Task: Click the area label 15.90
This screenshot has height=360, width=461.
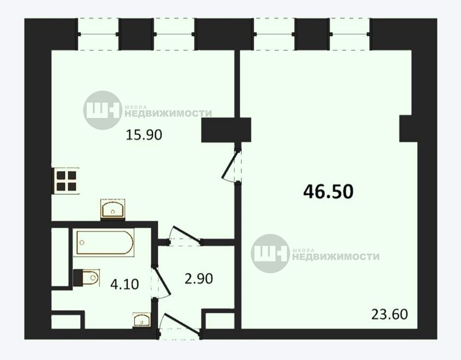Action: pyautogui.click(x=144, y=135)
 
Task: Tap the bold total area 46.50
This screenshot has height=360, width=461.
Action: pyautogui.click(x=328, y=191)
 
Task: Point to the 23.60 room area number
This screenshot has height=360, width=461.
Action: pyautogui.click(x=390, y=314)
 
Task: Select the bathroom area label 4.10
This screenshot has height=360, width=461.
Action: pyautogui.click(x=125, y=284)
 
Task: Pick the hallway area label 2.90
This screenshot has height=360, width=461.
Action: pyautogui.click(x=199, y=279)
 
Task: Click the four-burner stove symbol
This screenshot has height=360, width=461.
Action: pyautogui.click(x=66, y=181)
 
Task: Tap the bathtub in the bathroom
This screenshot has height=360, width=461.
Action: pyautogui.click(x=105, y=243)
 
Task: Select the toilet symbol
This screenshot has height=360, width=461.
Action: pyautogui.click(x=86, y=278)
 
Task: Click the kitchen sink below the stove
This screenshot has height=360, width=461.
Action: pyautogui.click(x=113, y=209)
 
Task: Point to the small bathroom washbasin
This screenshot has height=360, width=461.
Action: pyautogui.click(x=142, y=320)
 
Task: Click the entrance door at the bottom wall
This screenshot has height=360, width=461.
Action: pyautogui.click(x=180, y=326)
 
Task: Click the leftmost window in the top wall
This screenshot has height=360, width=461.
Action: pyautogui.click(x=98, y=35)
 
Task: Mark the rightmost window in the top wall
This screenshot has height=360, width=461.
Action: pyautogui.click(x=350, y=35)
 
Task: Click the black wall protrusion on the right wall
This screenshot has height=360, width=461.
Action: pyautogui.click(x=408, y=129)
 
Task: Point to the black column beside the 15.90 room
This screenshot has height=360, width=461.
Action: pyautogui.click(x=226, y=130)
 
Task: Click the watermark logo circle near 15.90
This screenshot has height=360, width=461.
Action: pyautogui.click(x=102, y=110)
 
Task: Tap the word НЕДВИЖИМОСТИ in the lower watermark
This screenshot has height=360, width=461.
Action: pyautogui.click(x=336, y=257)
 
